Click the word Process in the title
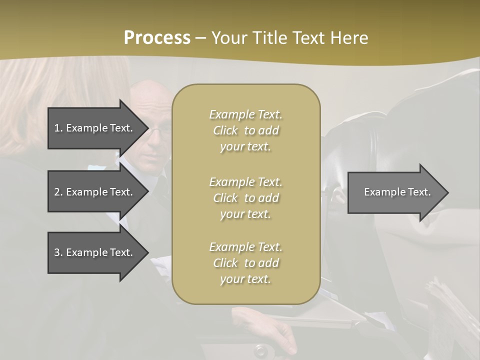(x=157, y=37)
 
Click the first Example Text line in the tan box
(x=245, y=114)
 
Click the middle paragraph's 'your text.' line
(x=245, y=214)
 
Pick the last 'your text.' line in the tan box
(x=245, y=279)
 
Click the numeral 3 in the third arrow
(x=56, y=252)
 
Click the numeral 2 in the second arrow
(x=56, y=192)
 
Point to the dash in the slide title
(x=200, y=38)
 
